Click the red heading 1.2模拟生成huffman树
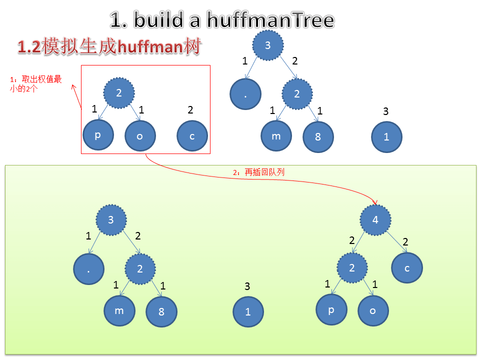(x=109, y=47)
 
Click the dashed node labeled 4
(x=375, y=219)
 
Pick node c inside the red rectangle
(x=192, y=135)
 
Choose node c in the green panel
(x=407, y=268)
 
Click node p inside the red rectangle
(x=98, y=135)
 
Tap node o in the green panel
(x=373, y=310)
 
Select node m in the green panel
(x=119, y=310)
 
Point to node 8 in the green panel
(x=161, y=311)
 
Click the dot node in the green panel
(x=88, y=269)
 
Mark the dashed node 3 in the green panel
(x=111, y=219)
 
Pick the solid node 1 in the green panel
(x=248, y=311)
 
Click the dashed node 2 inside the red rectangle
(x=119, y=93)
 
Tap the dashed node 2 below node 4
(x=351, y=268)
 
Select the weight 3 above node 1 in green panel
(x=247, y=286)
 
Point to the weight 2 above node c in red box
(x=190, y=110)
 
